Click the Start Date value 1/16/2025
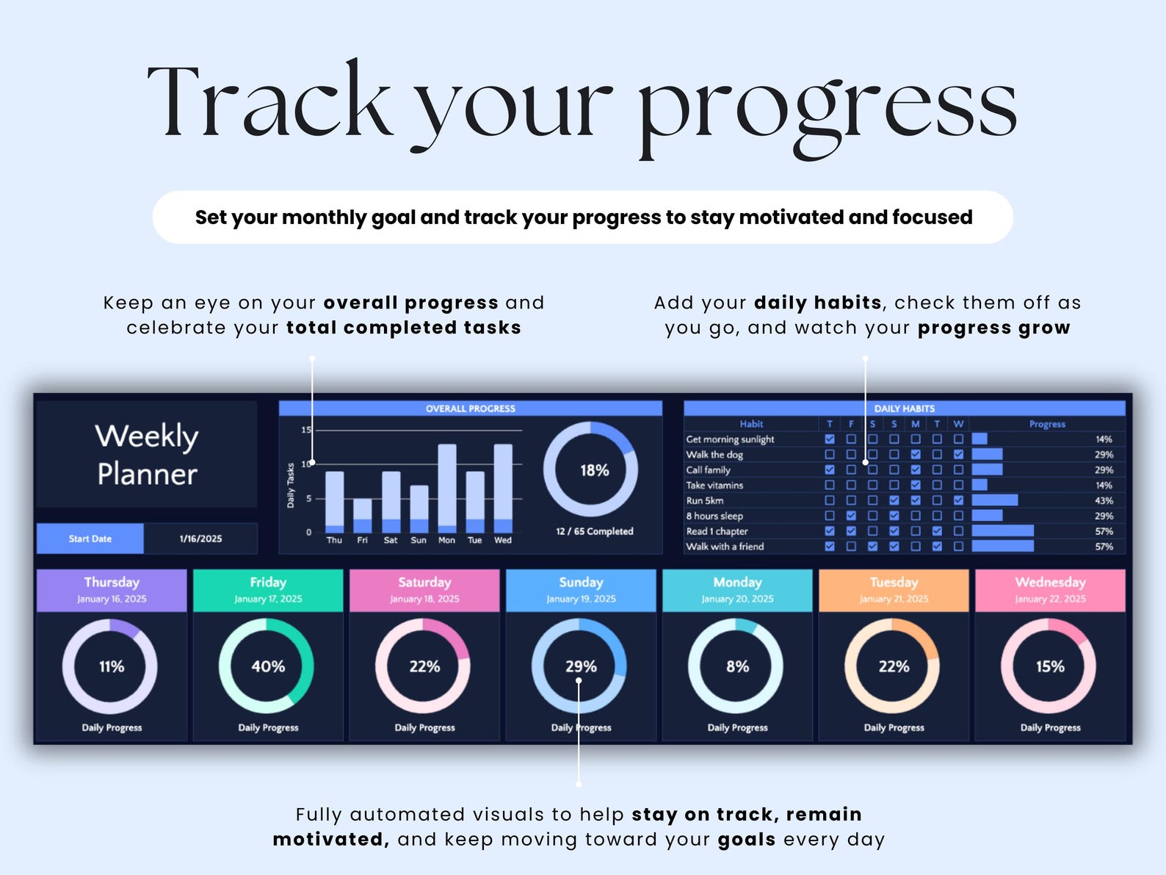tap(200, 539)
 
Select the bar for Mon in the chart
tap(446, 489)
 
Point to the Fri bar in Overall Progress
tap(362, 515)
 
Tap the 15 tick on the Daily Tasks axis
tap(306, 430)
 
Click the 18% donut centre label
tap(595, 470)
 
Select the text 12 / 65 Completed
tap(595, 531)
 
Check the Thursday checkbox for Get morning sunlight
tap(829, 439)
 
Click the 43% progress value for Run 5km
tap(1104, 500)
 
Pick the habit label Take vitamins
tap(714, 485)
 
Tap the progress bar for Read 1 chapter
tap(1003, 530)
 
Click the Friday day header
tap(268, 590)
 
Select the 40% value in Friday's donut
tap(268, 666)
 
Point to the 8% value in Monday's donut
tap(737, 666)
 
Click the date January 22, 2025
tap(1050, 599)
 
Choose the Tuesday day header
tap(894, 590)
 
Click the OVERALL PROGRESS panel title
tap(470, 408)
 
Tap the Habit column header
tap(751, 424)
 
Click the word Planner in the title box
tap(147, 474)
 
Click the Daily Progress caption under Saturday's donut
tap(424, 728)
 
